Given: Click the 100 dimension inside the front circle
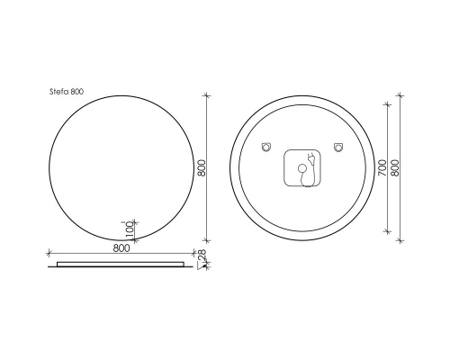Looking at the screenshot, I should click(x=130, y=229).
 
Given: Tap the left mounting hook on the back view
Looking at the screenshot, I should click(x=266, y=147).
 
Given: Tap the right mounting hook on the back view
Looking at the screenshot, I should click(x=338, y=147).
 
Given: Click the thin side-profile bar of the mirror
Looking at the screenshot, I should click(x=120, y=264).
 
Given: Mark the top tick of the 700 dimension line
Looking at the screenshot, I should click(x=387, y=104).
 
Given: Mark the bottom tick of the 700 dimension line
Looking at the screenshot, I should click(x=387, y=231).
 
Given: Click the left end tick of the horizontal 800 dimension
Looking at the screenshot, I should click(x=47, y=252).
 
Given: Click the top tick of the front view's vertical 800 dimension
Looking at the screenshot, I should click(x=207, y=95).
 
